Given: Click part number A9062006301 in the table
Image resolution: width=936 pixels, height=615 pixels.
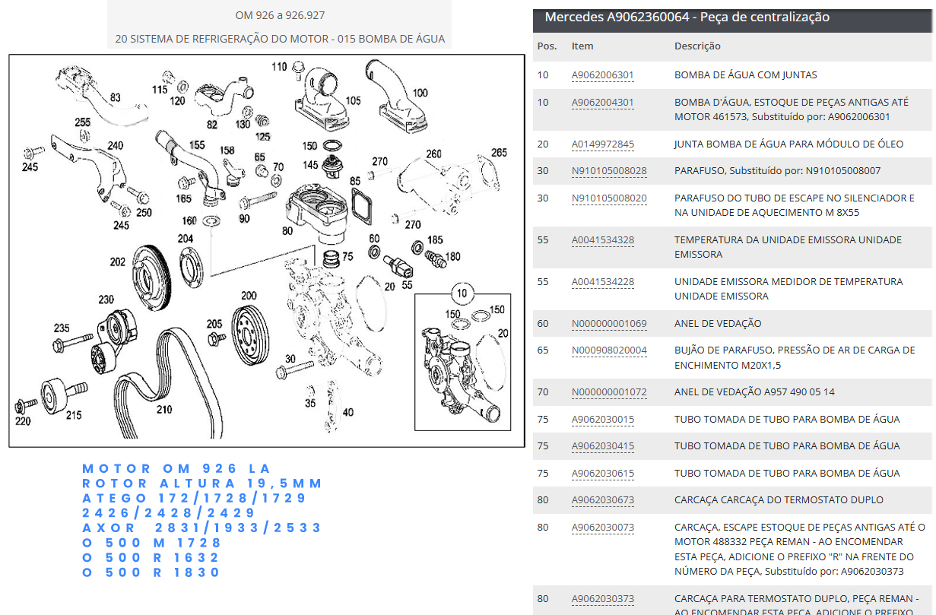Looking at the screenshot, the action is [602, 75].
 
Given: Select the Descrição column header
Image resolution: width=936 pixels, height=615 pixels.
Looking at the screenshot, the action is [697, 46].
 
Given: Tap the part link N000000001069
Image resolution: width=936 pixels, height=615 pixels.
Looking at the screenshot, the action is [609, 324].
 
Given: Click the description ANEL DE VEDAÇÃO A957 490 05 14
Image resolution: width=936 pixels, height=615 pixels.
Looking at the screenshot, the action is [754, 392].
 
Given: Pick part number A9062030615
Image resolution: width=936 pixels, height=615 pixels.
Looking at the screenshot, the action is [602, 474].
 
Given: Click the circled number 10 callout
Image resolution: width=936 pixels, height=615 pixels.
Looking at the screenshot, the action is [462, 293].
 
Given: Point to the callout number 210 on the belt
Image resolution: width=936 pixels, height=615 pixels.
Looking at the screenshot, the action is [164, 410].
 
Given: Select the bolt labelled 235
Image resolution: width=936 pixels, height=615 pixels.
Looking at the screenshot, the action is [72, 342].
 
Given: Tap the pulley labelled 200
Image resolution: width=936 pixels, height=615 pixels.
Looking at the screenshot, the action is [250, 335].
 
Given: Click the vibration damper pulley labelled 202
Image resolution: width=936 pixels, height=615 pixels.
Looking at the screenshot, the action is [151, 277].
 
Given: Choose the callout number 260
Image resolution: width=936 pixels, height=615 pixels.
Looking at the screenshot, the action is [433, 154].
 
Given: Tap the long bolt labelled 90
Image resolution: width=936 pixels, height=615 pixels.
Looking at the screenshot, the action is [258, 200].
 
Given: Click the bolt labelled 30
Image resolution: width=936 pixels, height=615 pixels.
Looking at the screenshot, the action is [294, 369].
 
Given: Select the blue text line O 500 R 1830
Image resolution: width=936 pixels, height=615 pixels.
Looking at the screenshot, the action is [151, 572].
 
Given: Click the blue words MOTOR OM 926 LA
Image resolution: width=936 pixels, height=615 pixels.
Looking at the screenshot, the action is [176, 469].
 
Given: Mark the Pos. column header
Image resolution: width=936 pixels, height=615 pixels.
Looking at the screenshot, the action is [547, 46].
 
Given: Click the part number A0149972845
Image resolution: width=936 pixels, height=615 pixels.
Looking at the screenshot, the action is [602, 144].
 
